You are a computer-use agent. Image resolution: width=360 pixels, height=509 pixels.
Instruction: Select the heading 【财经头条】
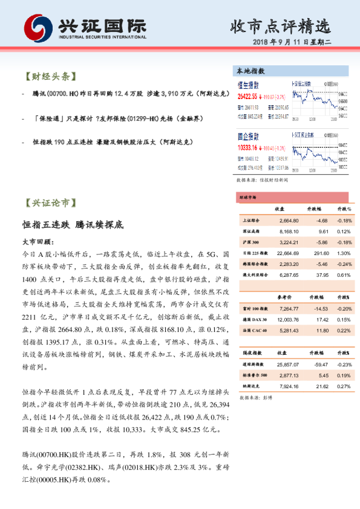coord(49,77)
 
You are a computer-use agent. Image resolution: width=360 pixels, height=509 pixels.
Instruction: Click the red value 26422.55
coord(248,96)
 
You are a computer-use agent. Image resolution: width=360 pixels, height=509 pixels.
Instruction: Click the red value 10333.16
coord(248,147)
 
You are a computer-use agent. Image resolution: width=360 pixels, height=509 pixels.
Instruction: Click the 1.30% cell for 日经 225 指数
coord(344,253)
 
